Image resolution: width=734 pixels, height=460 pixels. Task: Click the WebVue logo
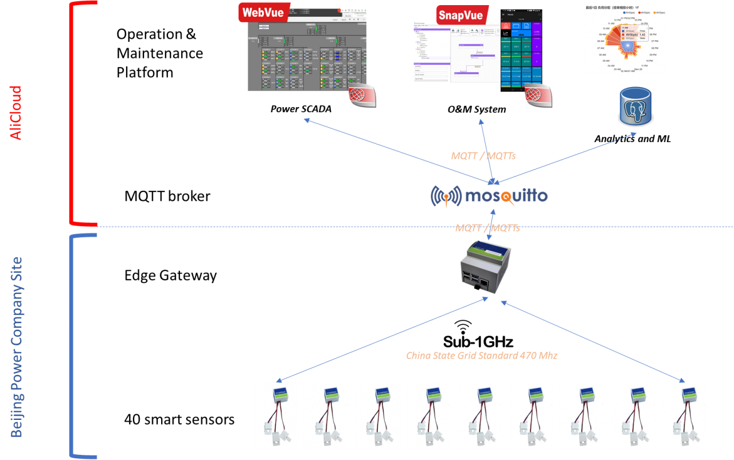click(x=263, y=12)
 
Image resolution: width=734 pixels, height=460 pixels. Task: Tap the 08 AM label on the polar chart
click(x=601, y=41)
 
